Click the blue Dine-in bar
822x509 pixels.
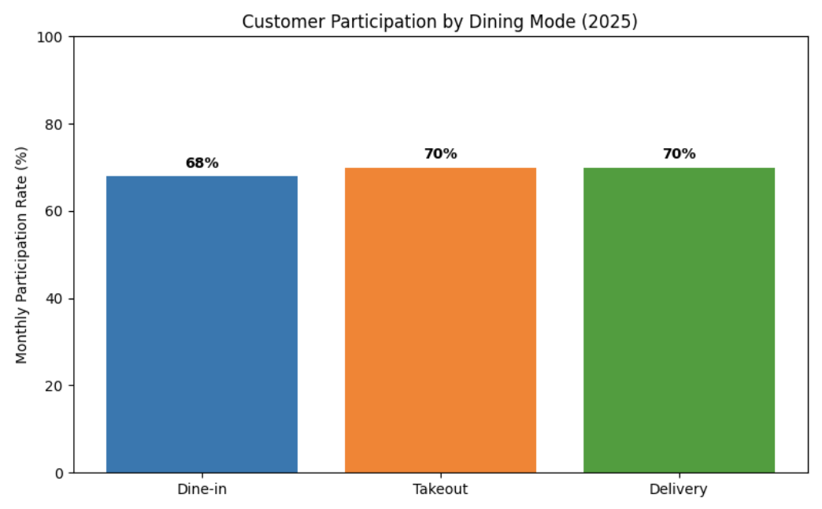[x=202, y=324]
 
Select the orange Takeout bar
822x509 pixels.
[x=440, y=320]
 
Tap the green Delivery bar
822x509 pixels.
[x=679, y=320]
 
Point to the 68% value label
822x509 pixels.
[x=202, y=163]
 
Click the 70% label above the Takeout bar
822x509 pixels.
[x=440, y=154]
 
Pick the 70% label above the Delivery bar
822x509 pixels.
[x=679, y=154]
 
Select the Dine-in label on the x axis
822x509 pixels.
[x=202, y=489]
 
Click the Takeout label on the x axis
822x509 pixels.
[x=440, y=489]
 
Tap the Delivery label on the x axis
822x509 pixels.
[x=679, y=489]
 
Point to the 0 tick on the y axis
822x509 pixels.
[x=60, y=473]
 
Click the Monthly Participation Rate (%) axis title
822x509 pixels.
[x=21, y=254]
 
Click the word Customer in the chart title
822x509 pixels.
[x=272, y=21]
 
